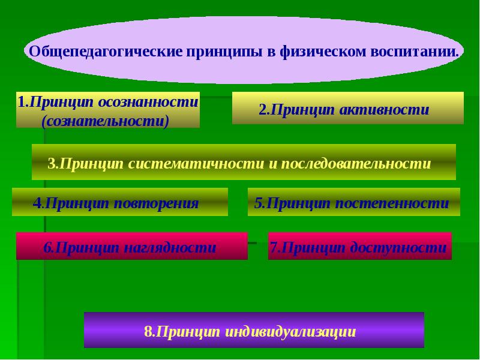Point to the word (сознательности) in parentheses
click(105, 121)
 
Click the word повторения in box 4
click(162, 203)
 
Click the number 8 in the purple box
click(148, 331)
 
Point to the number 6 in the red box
click(46, 247)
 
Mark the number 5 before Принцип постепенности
click(258, 203)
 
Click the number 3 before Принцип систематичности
click(51, 163)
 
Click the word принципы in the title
click(223, 51)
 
